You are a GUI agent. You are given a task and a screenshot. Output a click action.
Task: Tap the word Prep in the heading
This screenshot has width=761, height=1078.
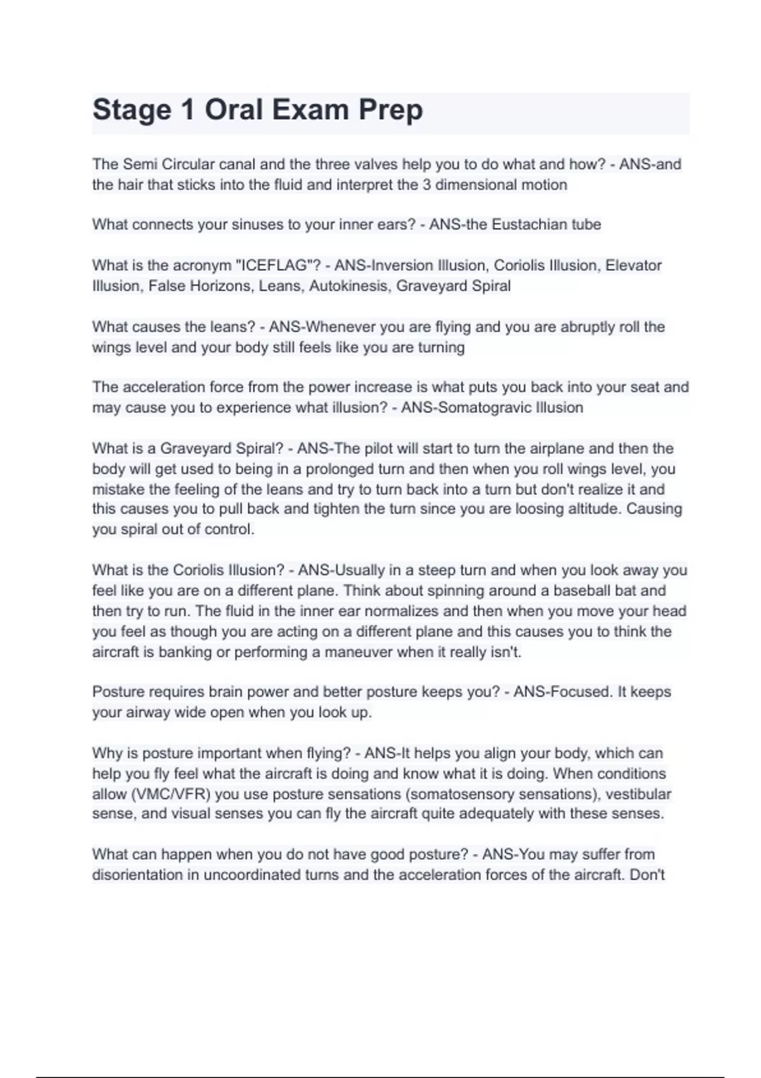[x=391, y=110]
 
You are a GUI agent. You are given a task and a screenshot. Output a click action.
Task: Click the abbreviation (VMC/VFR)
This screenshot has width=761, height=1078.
[x=165, y=794]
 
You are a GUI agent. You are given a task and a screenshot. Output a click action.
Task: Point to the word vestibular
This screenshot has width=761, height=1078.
[x=638, y=794]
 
